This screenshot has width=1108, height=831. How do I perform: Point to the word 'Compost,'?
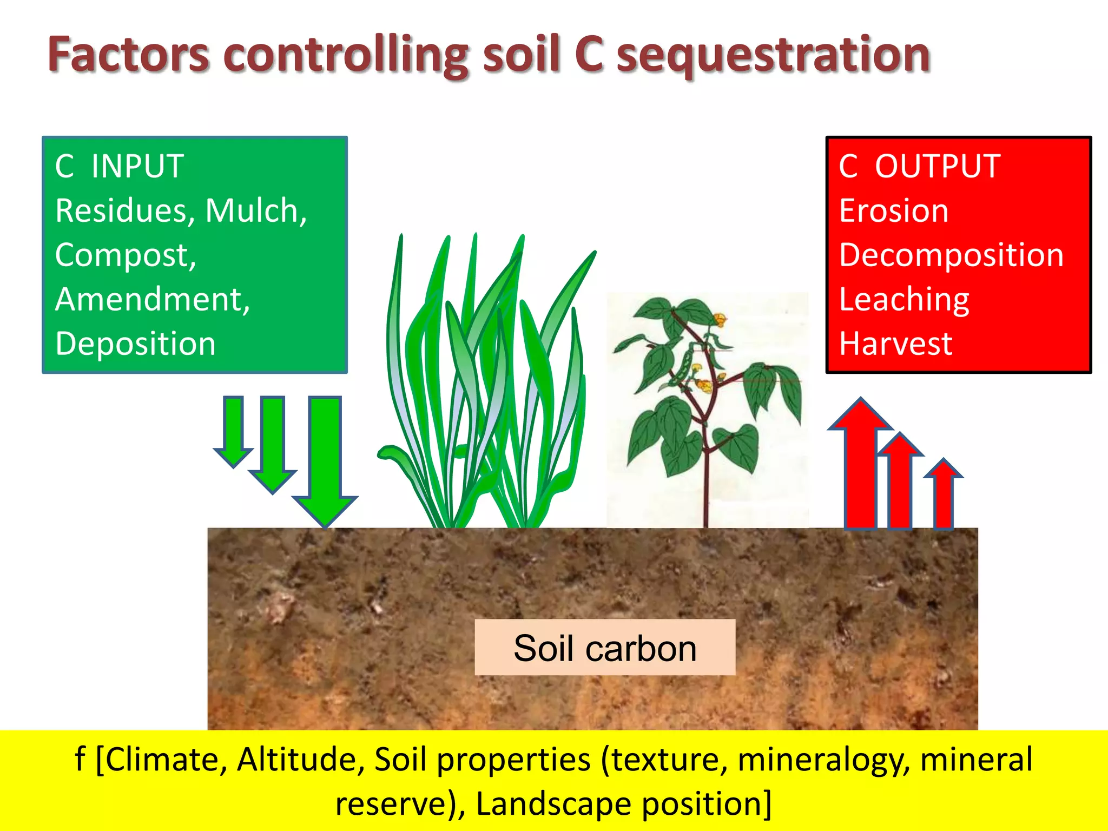pos(126,255)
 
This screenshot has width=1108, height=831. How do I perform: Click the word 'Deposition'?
pos(135,344)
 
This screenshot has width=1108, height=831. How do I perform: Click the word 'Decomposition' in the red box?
pos(951,255)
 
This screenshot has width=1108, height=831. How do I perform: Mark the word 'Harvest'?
pos(895,344)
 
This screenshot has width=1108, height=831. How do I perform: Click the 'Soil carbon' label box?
pos(605,648)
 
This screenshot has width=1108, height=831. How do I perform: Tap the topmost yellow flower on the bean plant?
pos(720,320)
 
